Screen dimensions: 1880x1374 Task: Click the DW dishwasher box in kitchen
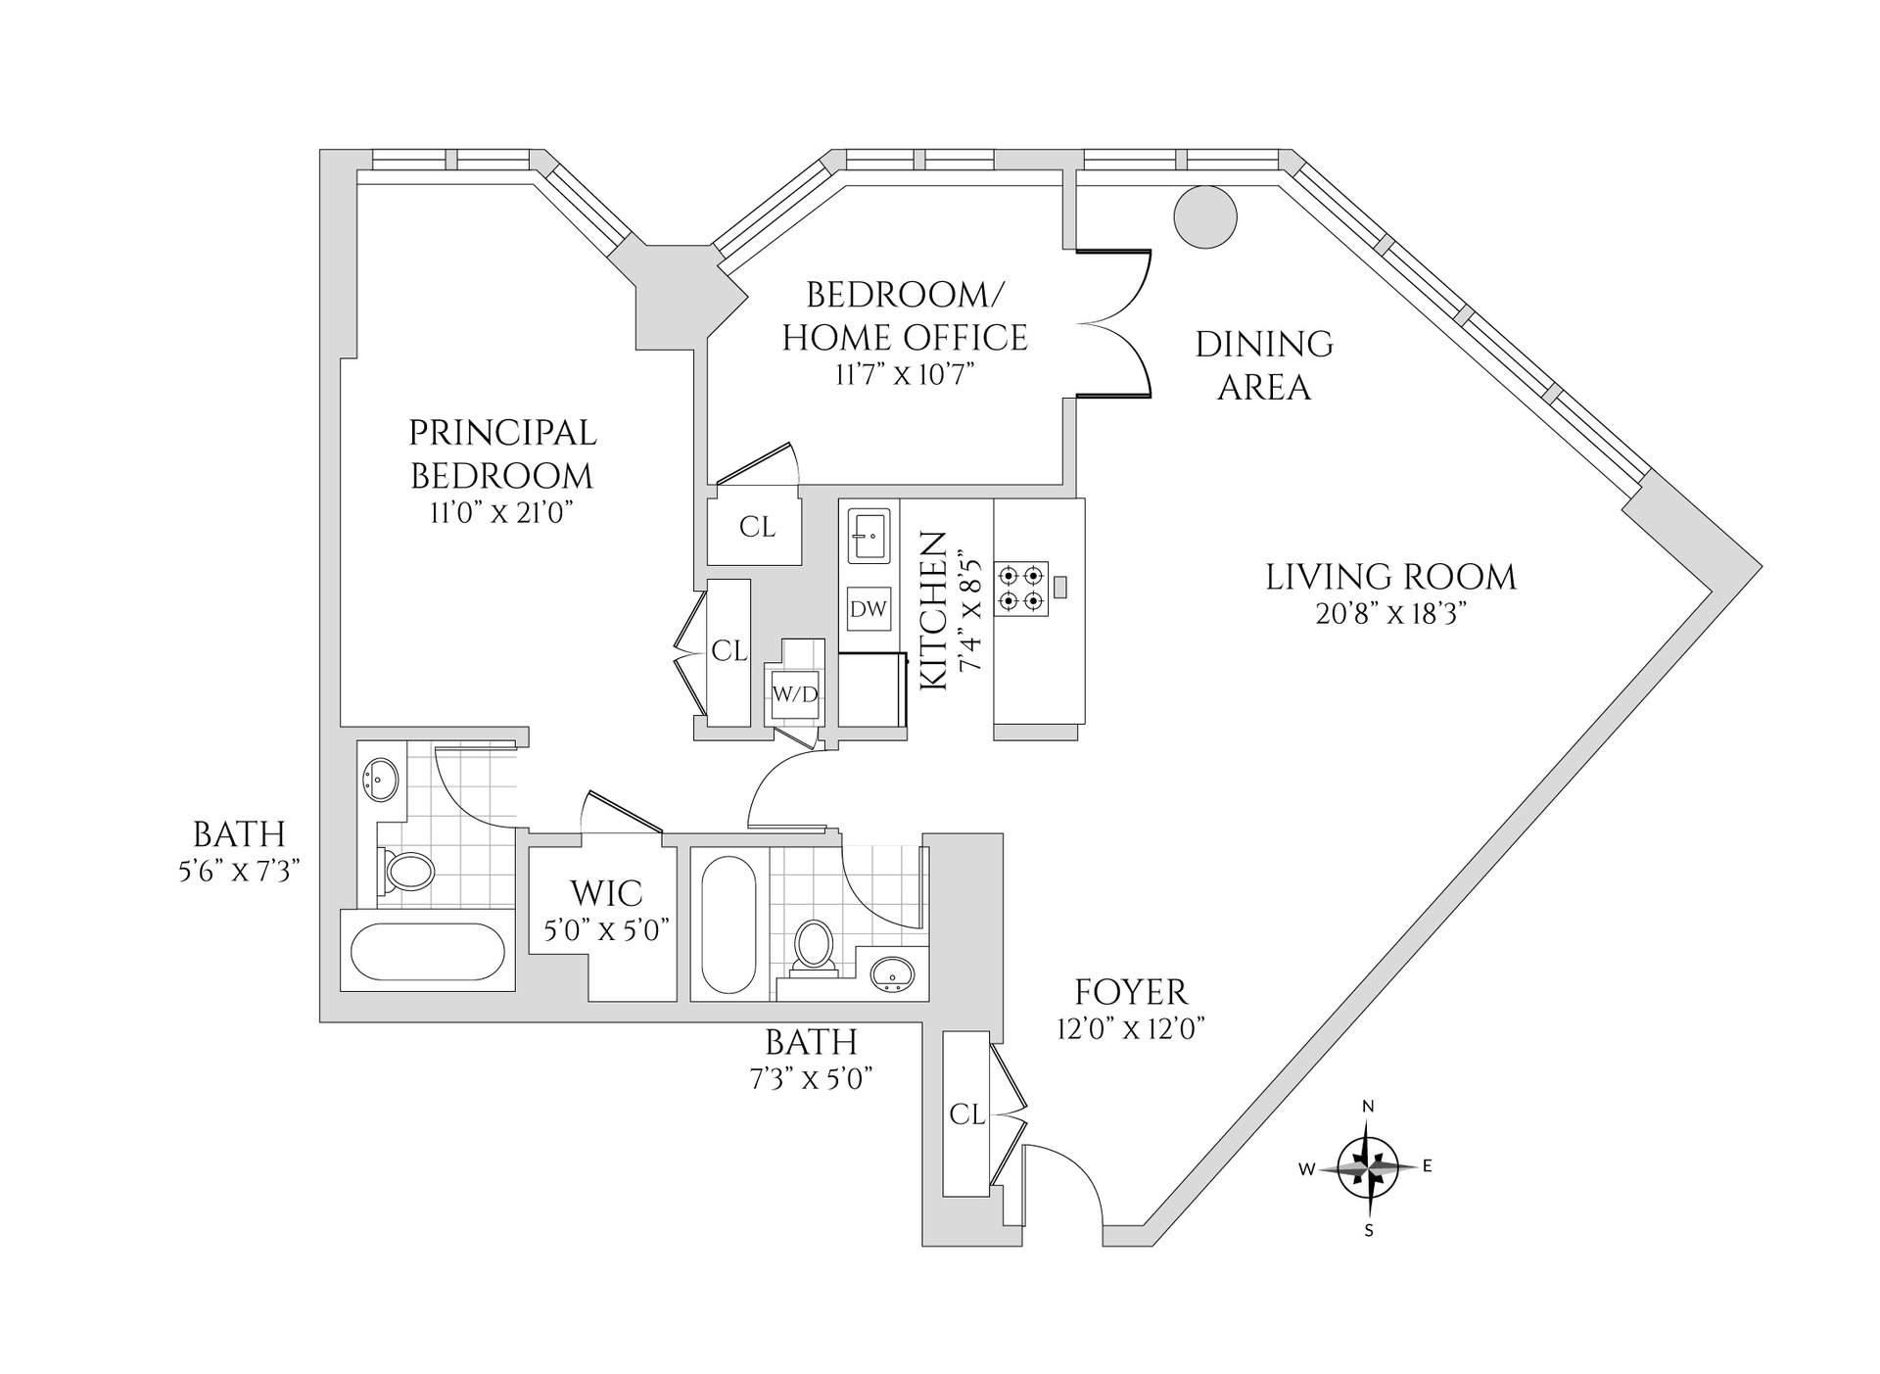pyautogui.click(x=869, y=608)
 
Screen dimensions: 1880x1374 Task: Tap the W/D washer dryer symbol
pyautogui.click(x=795, y=694)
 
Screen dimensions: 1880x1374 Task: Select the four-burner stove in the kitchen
pyautogui.click(x=1021, y=589)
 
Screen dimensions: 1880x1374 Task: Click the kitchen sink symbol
pyautogui.click(x=869, y=535)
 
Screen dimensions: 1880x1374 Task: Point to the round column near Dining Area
pyautogui.click(x=1205, y=216)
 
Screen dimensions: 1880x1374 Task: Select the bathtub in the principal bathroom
pyautogui.click(x=427, y=951)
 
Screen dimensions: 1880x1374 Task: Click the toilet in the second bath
pyautogui.click(x=813, y=946)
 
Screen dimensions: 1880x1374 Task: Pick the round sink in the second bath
pyautogui.click(x=892, y=974)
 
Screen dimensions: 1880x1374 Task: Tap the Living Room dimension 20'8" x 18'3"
pyautogui.click(x=1390, y=614)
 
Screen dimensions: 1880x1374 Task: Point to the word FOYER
pyautogui.click(x=1131, y=992)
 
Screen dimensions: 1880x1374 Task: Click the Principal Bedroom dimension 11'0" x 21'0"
pyautogui.click(x=501, y=513)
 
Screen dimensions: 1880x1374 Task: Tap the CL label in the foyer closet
pyautogui.click(x=966, y=1114)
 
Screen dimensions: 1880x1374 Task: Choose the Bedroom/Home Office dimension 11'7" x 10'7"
pyautogui.click(x=905, y=374)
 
